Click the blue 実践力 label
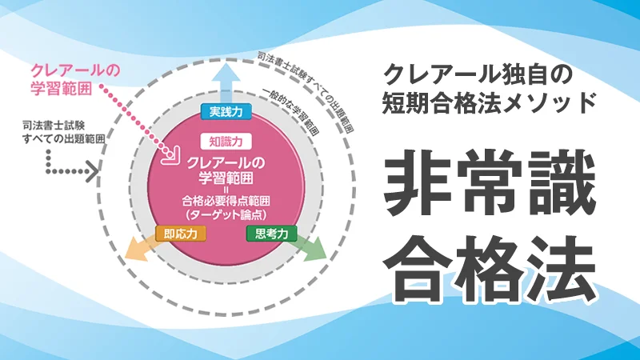(x=226, y=111)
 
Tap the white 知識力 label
(x=226, y=142)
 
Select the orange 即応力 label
(x=181, y=234)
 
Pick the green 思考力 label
(x=271, y=234)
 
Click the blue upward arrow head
(x=226, y=72)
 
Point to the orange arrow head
(x=134, y=249)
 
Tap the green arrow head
(x=318, y=249)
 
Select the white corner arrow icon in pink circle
(x=170, y=155)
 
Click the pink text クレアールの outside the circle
(x=75, y=70)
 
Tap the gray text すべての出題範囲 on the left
(x=64, y=138)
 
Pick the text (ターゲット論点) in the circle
(x=226, y=214)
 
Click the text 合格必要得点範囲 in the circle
(x=226, y=201)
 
